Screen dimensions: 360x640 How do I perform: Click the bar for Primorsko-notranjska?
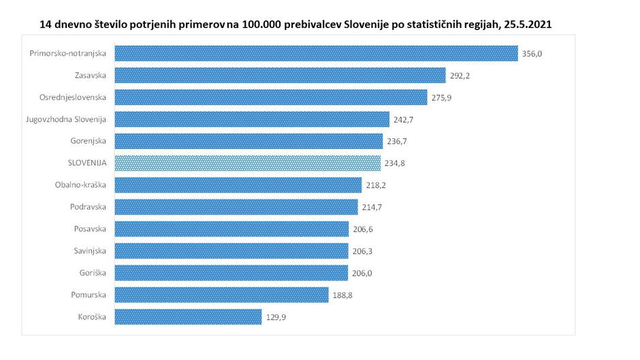coord(317,53)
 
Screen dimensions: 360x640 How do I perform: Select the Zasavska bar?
coord(280,76)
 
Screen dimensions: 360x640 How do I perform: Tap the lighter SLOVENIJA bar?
coord(248,163)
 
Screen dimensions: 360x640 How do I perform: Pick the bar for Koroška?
coord(188,316)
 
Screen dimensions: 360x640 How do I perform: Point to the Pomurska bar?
coord(222,295)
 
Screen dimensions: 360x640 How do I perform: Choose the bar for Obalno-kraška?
coord(238,185)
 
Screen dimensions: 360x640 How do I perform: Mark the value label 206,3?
coord(364,251)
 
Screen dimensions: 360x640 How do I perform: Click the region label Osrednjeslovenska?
coord(75,97)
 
